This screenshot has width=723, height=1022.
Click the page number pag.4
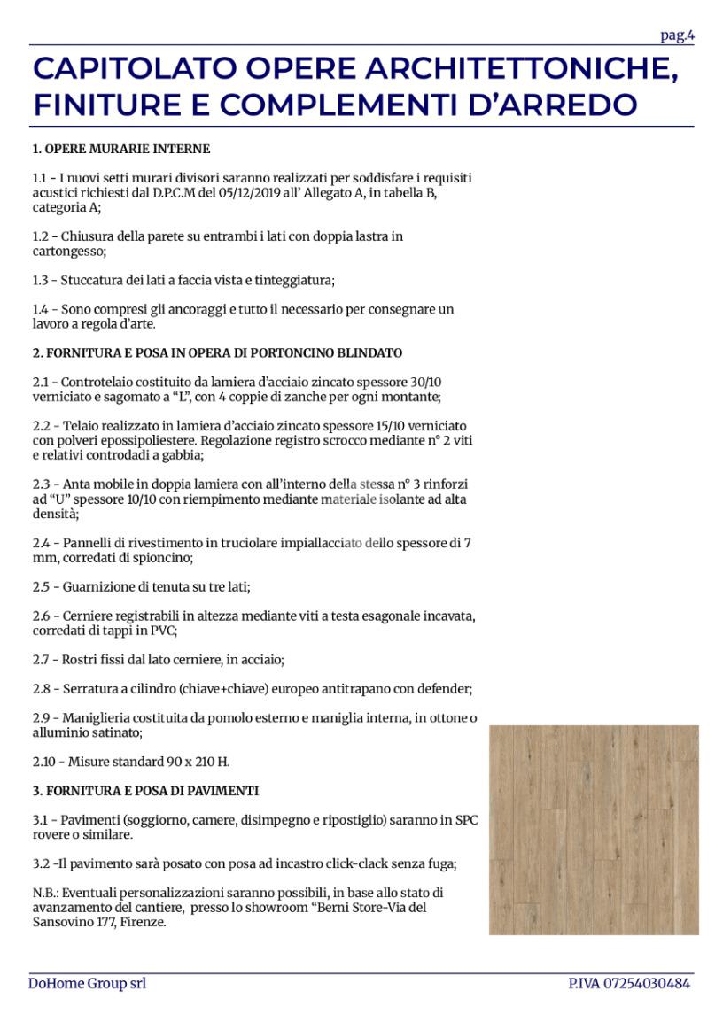click(677, 35)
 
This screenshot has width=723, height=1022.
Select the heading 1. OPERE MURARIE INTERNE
click(120, 149)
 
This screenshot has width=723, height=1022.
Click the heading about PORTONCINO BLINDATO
click(217, 352)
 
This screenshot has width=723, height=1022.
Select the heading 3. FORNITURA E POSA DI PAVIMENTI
click(145, 790)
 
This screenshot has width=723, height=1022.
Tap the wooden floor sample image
click(593, 829)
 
